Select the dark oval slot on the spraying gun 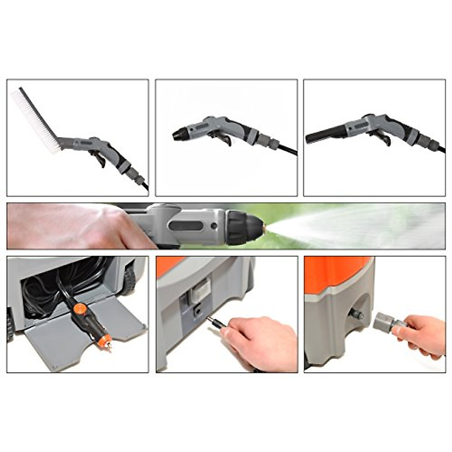click(x=186, y=226)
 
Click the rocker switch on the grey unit click(x=200, y=290)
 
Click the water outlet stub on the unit click(x=356, y=313)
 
